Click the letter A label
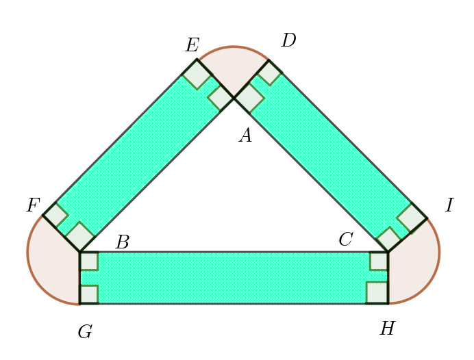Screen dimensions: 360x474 pos(246,136)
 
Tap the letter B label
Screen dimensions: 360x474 pos(122,243)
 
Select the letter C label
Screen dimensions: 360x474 pos(346,240)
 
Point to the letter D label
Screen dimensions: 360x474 pos(288,41)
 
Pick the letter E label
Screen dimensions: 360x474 pos(192,46)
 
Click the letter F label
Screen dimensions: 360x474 pos(33,206)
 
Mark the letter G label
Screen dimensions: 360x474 pos(85,333)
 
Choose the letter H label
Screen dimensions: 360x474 pos(387,329)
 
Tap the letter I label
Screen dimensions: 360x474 pos(449,206)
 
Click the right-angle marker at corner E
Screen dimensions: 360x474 pos(197,75)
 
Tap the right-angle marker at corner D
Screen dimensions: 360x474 pos(269,73)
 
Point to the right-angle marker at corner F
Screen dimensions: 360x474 pos(55,215)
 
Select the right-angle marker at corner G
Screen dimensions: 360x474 pos(89,294)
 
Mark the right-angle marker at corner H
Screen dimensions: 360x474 pos(377,292)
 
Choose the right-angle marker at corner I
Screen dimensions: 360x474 pos(412,217)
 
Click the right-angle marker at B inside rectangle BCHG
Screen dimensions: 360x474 pos(89,261)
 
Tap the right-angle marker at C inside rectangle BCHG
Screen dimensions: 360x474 pos(379,261)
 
